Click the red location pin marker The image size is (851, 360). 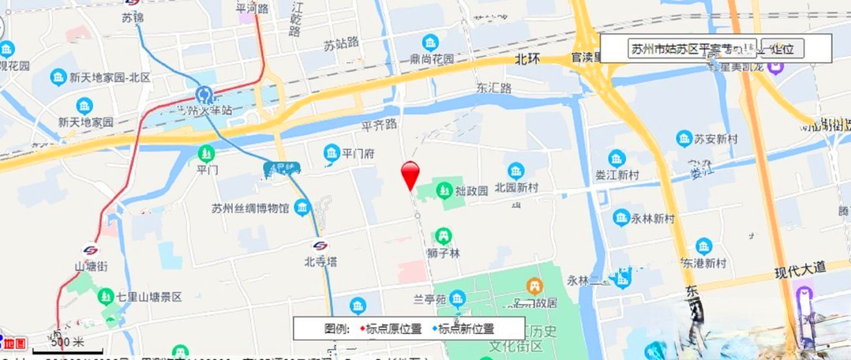coord(411,174)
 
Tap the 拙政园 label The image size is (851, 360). coord(471,190)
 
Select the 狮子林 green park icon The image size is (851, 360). coord(444,234)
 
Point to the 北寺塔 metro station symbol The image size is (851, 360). coord(320,246)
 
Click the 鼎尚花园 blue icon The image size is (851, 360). coord(430,41)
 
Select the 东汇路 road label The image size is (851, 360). coord(494,88)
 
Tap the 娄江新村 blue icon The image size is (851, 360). coord(617,158)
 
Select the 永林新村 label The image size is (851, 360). coord(654,219)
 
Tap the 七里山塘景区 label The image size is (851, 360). coord(149,298)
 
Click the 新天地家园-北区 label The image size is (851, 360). coord(110,77)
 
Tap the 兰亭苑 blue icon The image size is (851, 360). coord(458,298)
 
